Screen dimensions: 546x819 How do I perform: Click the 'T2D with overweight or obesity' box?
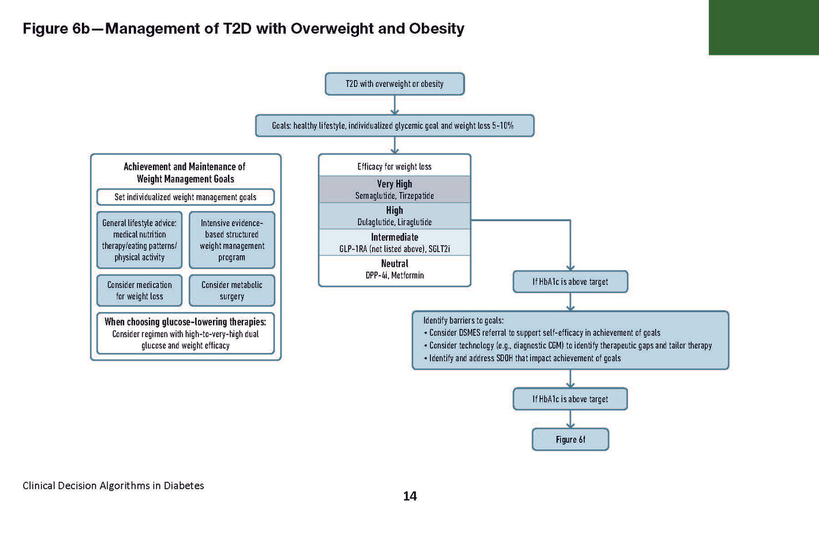[x=394, y=84]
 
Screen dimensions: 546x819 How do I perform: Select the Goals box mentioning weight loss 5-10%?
[x=394, y=126]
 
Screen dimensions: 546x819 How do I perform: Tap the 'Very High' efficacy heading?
[x=394, y=184]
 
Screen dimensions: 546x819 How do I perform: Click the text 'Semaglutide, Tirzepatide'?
[x=394, y=195]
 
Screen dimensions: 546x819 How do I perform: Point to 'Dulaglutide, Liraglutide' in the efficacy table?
[x=394, y=222]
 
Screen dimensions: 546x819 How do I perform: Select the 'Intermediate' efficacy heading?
[x=394, y=237]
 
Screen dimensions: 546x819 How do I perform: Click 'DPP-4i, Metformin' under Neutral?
[x=394, y=275]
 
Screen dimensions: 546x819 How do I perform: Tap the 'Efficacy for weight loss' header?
[x=394, y=167]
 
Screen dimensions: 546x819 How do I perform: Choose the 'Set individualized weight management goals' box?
[x=186, y=197]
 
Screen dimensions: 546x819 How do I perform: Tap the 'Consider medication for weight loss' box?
[x=139, y=290]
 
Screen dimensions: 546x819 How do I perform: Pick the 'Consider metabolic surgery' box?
[x=232, y=290]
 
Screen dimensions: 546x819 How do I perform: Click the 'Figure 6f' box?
[x=570, y=440]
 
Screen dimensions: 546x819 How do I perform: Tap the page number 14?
[x=409, y=496]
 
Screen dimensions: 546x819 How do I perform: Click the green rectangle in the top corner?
[x=763, y=27]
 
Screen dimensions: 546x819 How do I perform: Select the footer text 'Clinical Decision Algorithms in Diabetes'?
[x=113, y=485]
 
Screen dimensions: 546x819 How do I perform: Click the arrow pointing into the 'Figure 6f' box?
[x=570, y=420]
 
